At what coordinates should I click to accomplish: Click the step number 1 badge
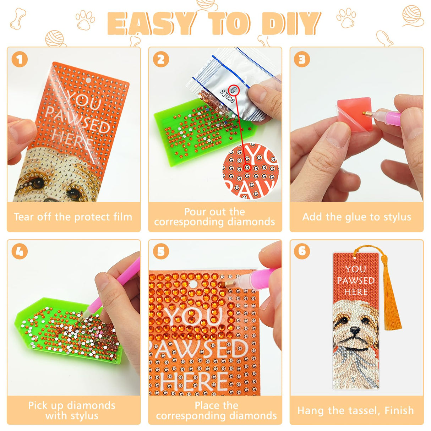click(x=20, y=59)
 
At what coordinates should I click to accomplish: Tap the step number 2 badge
click(x=161, y=59)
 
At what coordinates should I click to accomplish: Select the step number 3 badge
click(x=302, y=59)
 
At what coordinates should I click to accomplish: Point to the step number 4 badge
click(x=20, y=251)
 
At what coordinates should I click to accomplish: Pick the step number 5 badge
click(x=161, y=251)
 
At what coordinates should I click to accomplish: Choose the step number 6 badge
click(x=302, y=251)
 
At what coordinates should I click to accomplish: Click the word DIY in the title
click(x=291, y=23)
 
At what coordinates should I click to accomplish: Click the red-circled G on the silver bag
click(x=234, y=90)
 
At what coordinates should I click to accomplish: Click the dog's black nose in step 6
click(x=355, y=330)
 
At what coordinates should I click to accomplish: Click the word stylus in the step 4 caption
click(x=83, y=416)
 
